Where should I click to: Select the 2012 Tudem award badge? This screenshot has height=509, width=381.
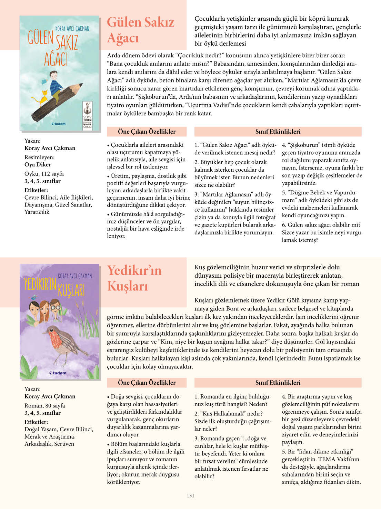click(87, 116)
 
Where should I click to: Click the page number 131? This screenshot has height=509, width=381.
click(191, 496)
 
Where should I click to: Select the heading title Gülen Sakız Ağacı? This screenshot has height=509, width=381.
click(140, 30)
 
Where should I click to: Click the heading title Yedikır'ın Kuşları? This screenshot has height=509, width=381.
click(134, 278)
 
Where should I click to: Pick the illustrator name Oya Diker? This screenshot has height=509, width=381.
click(38, 165)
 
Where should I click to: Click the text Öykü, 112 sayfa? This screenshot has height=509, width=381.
click(44, 174)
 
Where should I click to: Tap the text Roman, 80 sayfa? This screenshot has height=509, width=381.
click(45, 405)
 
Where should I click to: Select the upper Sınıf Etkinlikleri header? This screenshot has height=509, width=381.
click(278, 132)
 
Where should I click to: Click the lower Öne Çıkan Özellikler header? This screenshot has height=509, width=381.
click(147, 383)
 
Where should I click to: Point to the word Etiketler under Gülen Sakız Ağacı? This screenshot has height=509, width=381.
click(36, 190)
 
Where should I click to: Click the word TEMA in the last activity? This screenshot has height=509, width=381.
click(327, 459)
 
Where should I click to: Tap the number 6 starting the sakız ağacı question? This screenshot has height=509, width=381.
click(284, 225)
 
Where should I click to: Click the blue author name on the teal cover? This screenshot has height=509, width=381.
click(72, 29)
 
